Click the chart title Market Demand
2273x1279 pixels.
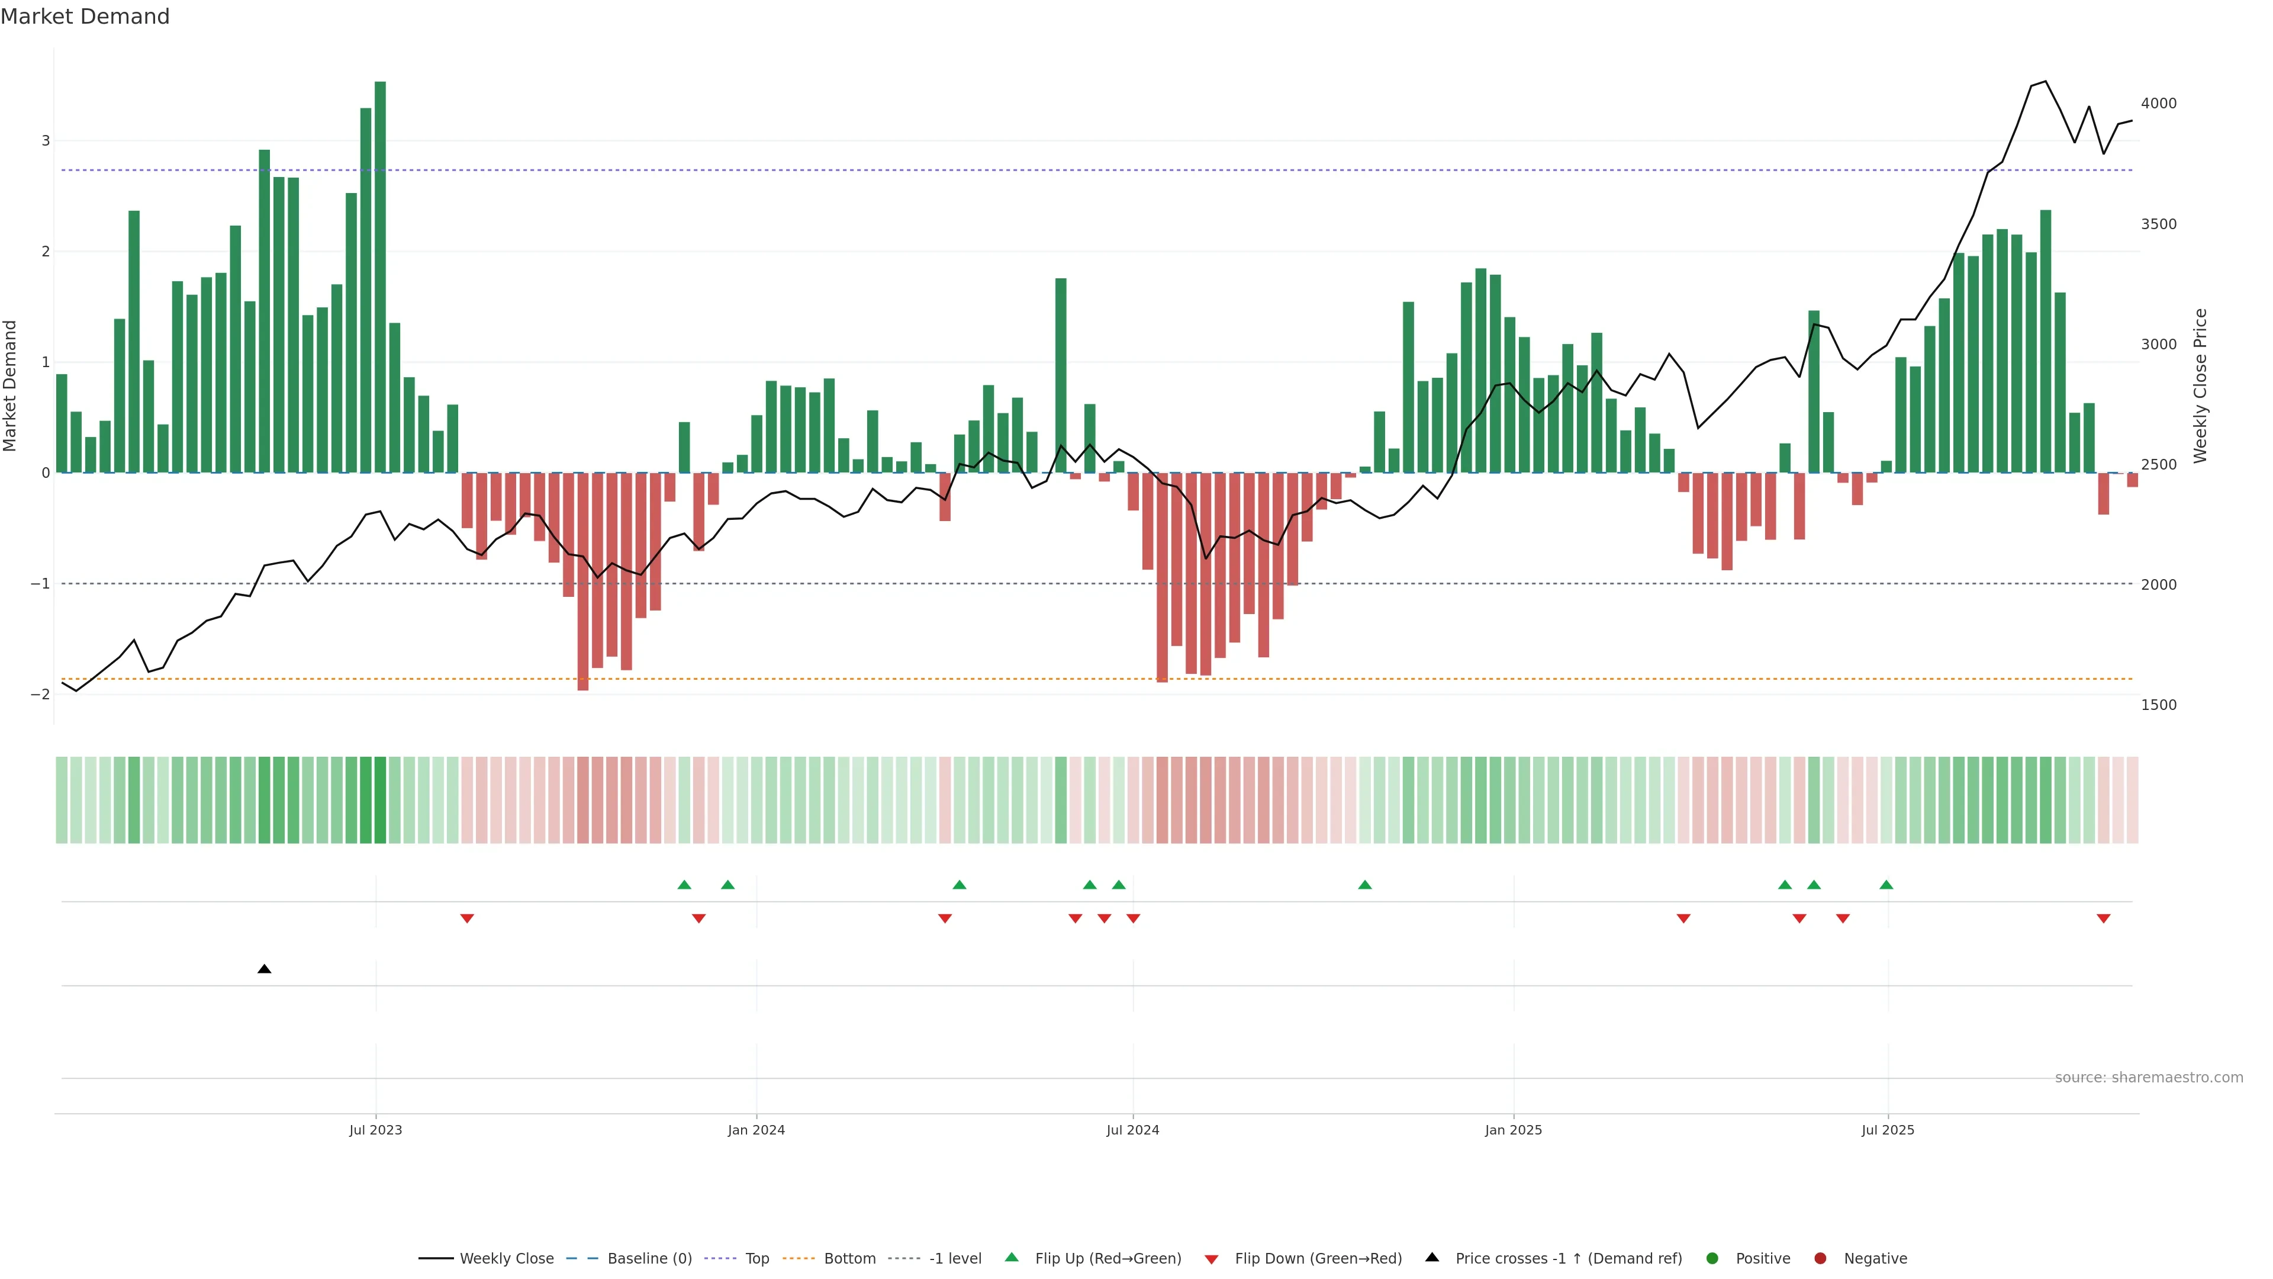point(85,17)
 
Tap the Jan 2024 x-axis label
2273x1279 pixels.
point(756,1130)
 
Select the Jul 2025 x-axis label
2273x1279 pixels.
point(1888,1130)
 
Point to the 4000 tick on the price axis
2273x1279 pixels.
point(2158,103)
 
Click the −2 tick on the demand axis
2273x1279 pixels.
point(41,695)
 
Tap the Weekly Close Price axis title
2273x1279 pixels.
point(2200,385)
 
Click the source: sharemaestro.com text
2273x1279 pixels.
point(2149,1078)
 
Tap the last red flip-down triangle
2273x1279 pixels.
point(2104,919)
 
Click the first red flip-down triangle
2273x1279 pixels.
point(468,919)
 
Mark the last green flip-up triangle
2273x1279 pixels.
point(1886,885)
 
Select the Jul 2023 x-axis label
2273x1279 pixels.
point(376,1130)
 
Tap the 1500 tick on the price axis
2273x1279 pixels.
point(2158,705)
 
